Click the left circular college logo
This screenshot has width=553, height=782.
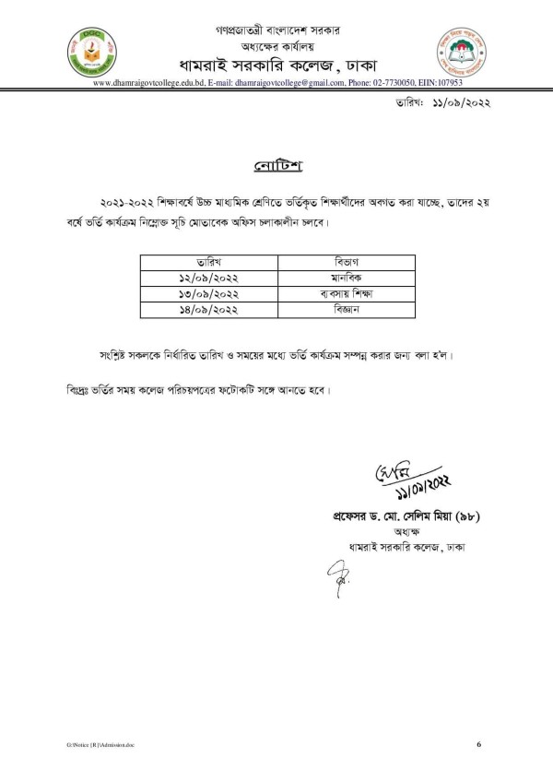tap(90, 54)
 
